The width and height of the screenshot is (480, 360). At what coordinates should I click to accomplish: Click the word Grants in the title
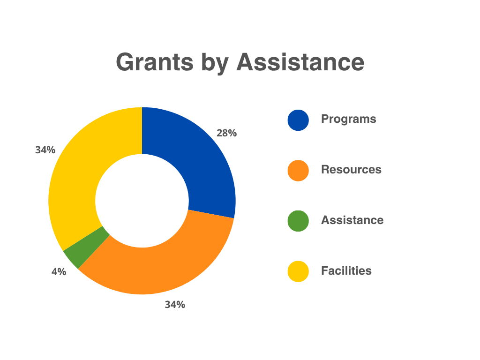(154, 62)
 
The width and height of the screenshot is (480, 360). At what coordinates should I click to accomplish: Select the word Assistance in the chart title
(300, 62)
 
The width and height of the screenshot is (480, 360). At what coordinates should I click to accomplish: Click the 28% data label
(226, 133)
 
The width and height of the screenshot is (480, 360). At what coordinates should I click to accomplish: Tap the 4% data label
(59, 272)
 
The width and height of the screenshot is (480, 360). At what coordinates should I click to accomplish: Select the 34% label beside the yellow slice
(45, 150)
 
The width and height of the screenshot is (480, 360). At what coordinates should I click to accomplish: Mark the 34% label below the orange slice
(174, 305)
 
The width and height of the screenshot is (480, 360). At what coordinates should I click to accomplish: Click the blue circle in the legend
(298, 120)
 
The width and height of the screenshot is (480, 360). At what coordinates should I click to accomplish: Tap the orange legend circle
(298, 170)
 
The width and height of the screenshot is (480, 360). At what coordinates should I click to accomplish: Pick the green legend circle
(298, 221)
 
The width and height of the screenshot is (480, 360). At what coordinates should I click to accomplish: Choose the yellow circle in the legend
(298, 271)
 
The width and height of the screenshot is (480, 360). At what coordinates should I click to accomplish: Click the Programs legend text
(348, 119)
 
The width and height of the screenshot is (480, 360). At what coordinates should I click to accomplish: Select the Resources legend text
(351, 170)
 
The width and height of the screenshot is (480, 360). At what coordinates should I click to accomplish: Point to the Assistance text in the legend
(352, 220)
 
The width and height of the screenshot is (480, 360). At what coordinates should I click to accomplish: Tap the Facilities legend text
(346, 271)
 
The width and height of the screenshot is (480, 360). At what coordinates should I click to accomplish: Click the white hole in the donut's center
(142, 201)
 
